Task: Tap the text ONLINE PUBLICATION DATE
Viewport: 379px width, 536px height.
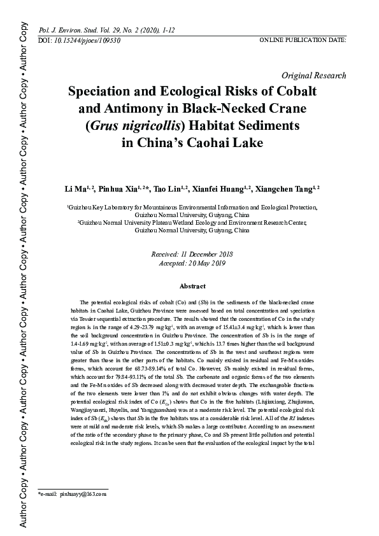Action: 303,40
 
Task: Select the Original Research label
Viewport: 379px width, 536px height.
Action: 313,75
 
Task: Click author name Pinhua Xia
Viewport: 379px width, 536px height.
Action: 117,189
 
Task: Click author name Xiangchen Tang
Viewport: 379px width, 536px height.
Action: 284,189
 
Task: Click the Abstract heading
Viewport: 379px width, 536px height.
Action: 192,286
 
